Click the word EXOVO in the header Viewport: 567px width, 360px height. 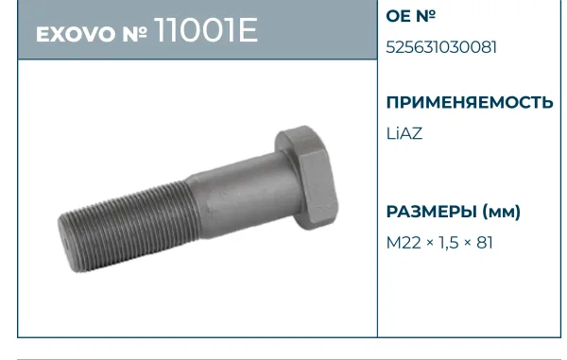(75, 35)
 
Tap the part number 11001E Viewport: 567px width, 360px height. (206, 29)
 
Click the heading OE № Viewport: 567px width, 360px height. (411, 15)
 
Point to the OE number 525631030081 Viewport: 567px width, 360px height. (441, 47)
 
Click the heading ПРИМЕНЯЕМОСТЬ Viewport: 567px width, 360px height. (470, 102)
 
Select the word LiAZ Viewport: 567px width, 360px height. (404, 133)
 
